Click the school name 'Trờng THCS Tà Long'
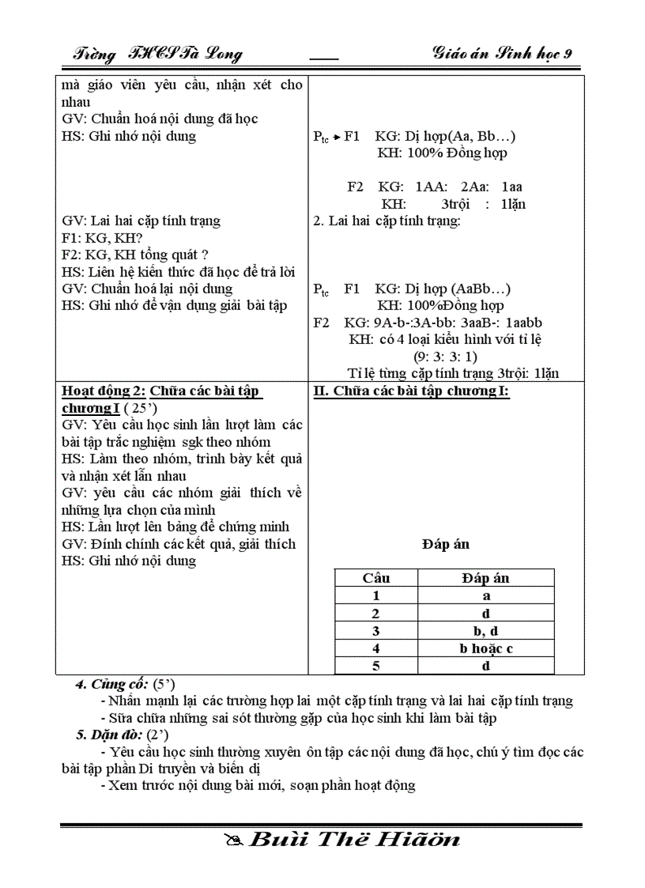click(x=157, y=54)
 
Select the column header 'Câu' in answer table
click(x=375, y=578)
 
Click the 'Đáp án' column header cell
click(x=485, y=578)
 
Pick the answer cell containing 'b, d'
click(x=485, y=631)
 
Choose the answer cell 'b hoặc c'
click(x=485, y=648)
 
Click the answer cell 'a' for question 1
click(x=485, y=596)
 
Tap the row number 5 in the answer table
click(x=375, y=666)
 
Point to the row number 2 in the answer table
click(x=375, y=614)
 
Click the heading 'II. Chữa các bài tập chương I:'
click(x=411, y=391)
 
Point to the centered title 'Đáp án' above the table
click(x=446, y=544)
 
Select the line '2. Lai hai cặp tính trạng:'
click(x=387, y=221)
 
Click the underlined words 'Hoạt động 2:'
click(x=104, y=391)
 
